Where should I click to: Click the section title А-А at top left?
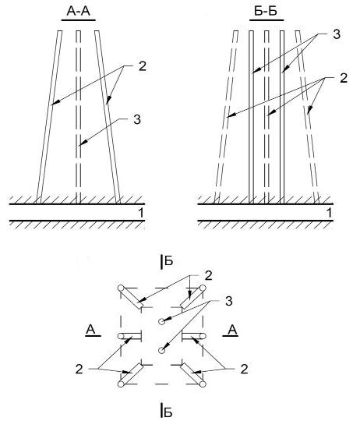click(78, 12)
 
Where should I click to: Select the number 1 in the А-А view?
click(141, 213)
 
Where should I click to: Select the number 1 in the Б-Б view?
click(329, 213)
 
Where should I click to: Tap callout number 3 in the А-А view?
click(137, 119)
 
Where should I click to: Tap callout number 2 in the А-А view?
click(143, 66)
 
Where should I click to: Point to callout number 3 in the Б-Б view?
click(337, 34)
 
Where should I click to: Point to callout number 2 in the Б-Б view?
click(344, 78)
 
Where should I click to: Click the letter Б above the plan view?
click(169, 261)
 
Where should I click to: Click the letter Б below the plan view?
click(168, 413)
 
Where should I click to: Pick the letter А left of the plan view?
click(90, 330)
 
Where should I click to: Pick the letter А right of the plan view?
click(232, 330)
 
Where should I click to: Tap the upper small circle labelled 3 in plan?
click(162, 321)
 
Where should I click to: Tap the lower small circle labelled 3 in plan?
click(162, 350)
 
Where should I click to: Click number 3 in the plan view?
click(229, 301)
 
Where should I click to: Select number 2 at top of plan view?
click(208, 276)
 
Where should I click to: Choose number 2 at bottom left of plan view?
click(79, 369)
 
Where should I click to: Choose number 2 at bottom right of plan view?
click(244, 369)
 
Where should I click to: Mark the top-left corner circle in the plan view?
click(121, 288)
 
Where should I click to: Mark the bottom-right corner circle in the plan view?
click(203, 384)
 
